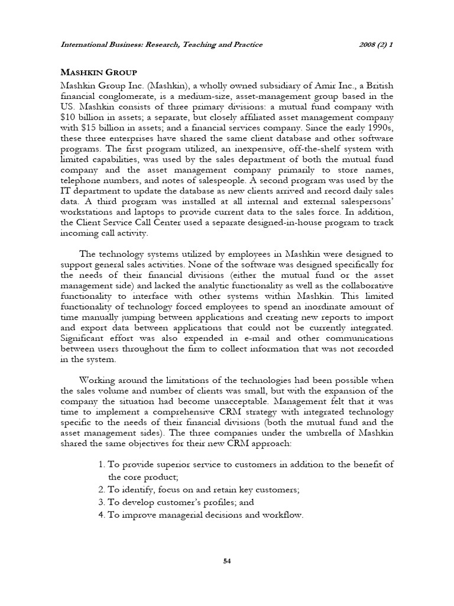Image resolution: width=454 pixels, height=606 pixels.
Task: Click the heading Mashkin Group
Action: point(99,72)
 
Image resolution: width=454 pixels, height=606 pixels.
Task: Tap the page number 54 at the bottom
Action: point(226,561)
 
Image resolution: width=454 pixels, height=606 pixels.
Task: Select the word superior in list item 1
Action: point(170,465)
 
